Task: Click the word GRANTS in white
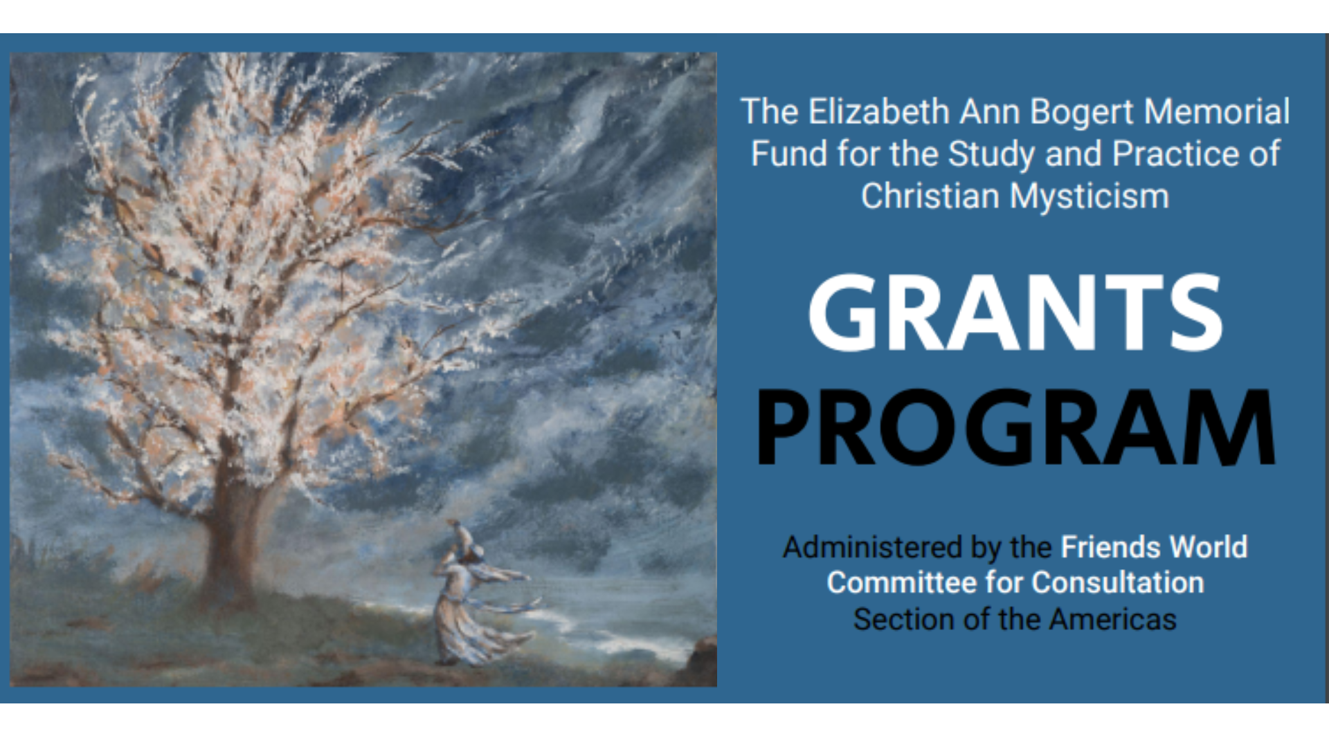click(x=1015, y=313)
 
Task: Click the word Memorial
click(x=1217, y=112)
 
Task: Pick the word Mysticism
click(x=1090, y=197)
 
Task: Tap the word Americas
click(x=1112, y=620)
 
